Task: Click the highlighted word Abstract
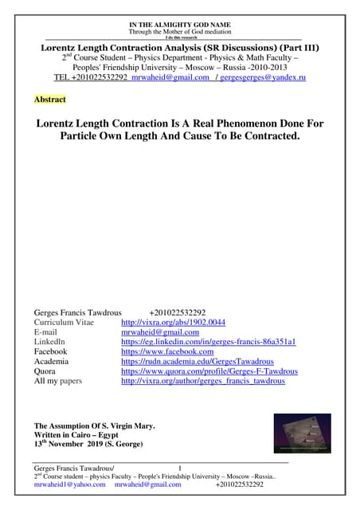tap(50, 100)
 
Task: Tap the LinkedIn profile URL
tap(208, 341)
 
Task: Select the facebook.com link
tap(166, 351)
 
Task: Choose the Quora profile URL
tap(209, 371)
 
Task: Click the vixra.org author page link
tap(202, 381)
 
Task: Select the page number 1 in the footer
tap(180, 467)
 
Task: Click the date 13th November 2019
tap(68, 445)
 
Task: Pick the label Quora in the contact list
tap(46, 371)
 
